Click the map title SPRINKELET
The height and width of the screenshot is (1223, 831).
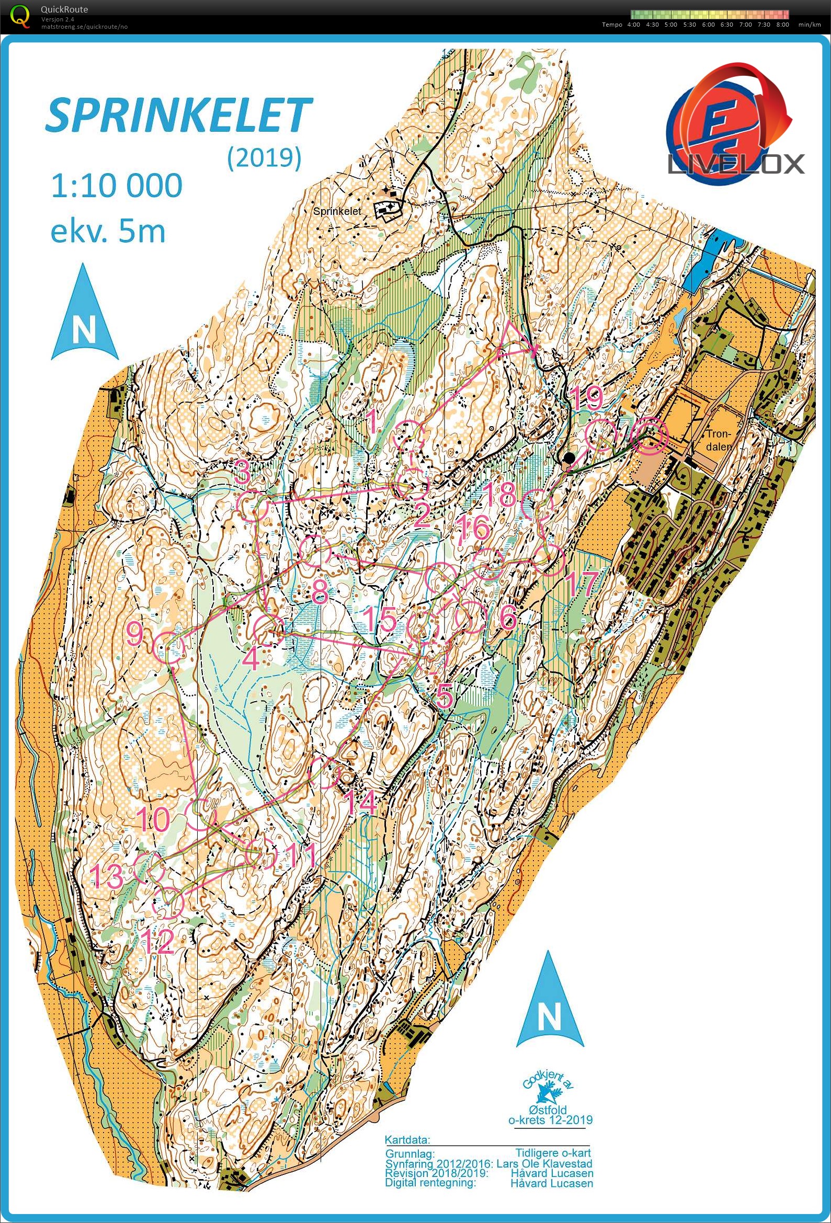click(179, 115)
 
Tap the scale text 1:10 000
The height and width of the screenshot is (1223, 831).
click(116, 186)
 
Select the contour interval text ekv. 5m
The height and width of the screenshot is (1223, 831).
click(108, 231)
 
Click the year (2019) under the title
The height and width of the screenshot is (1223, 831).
click(264, 157)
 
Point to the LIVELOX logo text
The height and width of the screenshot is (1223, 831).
click(735, 164)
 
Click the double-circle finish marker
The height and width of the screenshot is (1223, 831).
click(650, 436)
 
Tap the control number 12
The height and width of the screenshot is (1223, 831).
click(158, 942)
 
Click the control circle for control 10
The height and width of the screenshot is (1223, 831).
click(202, 815)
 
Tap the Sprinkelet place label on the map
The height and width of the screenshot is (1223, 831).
click(337, 211)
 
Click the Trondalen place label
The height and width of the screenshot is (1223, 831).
click(719, 440)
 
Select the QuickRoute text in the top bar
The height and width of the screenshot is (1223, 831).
click(64, 9)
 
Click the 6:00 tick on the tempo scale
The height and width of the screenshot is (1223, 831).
click(708, 25)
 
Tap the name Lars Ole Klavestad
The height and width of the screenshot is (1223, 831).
click(544, 1163)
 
